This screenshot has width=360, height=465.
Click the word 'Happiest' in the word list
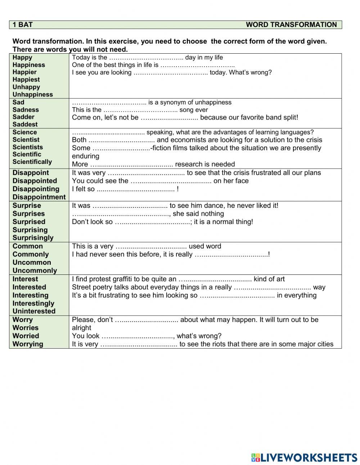(26, 80)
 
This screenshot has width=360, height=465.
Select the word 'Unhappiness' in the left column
(32, 94)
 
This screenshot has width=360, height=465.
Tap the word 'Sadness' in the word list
(26, 109)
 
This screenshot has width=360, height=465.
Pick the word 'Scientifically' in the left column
(32, 162)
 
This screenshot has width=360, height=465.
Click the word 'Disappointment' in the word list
(39, 197)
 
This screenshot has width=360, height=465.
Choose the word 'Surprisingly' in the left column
(33, 238)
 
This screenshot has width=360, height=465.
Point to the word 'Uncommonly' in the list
(35, 270)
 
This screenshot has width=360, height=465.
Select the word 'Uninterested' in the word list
(34, 311)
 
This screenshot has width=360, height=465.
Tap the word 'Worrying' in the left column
(28, 344)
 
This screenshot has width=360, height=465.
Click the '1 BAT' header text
(22, 24)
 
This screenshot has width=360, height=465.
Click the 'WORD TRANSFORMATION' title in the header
(291, 24)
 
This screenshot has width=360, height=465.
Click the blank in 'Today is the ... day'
(146, 58)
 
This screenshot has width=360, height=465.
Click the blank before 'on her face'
(171, 181)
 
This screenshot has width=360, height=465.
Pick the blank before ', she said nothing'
(121, 214)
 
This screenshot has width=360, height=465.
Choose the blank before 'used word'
(151, 247)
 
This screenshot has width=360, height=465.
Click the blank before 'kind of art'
(215, 280)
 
